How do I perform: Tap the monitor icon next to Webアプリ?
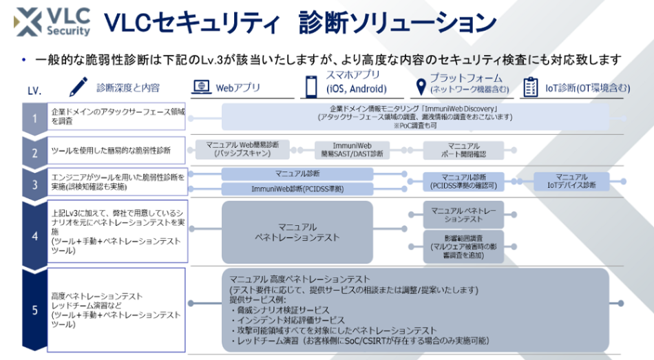pyautogui.click(x=200, y=87)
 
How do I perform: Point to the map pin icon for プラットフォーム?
pyautogui.click(x=419, y=87)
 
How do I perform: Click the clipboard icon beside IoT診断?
pyautogui.click(x=530, y=87)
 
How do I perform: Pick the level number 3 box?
pyautogui.click(x=34, y=183)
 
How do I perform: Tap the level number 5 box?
pyautogui.click(x=34, y=310)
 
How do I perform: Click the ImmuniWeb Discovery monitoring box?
pyautogui.click(x=414, y=118)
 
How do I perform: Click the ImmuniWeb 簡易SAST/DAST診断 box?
pyautogui.click(x=352, y=150)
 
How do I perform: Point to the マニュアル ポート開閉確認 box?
pyautogui.click(x=463, y=150)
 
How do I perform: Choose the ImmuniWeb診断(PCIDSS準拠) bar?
pyautogui.click(x=297, y=189)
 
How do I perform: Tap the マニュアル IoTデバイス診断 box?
pyautogui.click(x=571, y=182)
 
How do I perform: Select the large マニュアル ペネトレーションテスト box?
pyautogui.click(x=297, y=233)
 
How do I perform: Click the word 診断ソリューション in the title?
pyautogui.click(x=398, y=23)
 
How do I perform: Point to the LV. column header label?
pyautogui.click(x=34, y=89)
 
